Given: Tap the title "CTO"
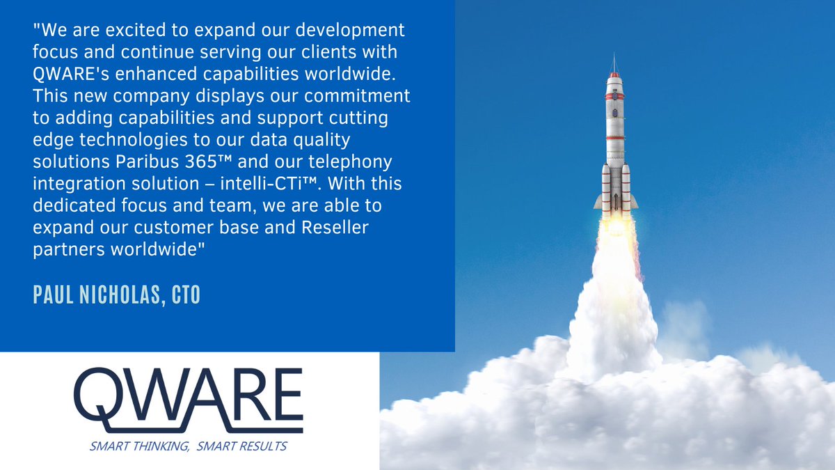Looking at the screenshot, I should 185,295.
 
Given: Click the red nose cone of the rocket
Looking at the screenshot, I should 614,74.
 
